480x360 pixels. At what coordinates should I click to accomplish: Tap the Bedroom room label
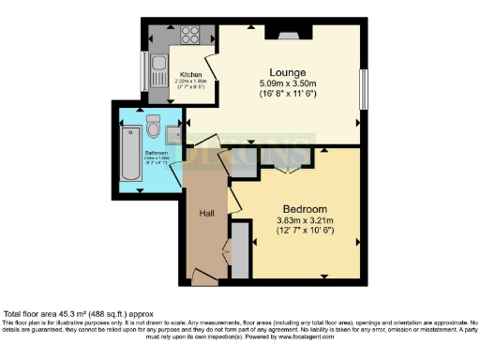pyautogui.click(x=305, y=208)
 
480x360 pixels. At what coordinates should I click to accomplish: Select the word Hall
pyautogui.click(x=207, y=214)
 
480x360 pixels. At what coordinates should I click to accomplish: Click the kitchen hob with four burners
pyautogui.click(x=191, y=36)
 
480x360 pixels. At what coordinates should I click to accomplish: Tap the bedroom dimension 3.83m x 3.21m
pyautogui.click(x=305, y=220)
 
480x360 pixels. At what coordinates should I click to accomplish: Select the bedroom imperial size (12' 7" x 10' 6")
pyautogui.click(x=305, y=231)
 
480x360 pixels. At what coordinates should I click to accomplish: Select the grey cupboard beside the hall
pyautogui.click(x=240, y=250)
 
